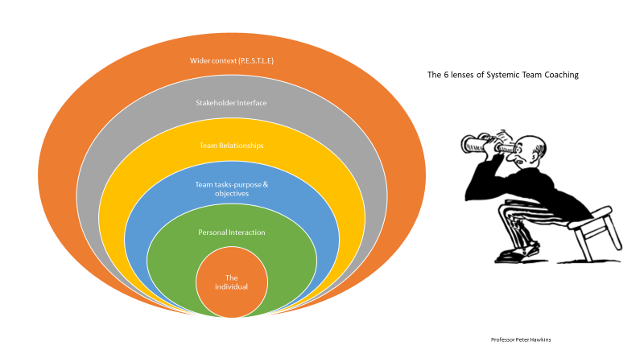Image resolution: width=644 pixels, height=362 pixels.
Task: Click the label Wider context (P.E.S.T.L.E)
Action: coord(232,61)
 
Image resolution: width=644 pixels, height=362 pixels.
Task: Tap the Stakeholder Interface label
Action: coord(231,103)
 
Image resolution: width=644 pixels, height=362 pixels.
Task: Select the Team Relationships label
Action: coord(231,146)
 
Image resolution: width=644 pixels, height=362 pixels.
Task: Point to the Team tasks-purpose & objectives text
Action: coord(232,189)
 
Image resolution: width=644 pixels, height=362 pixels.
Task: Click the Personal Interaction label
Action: coord(232,232)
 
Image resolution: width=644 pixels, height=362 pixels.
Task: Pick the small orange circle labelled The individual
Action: coord(232,282)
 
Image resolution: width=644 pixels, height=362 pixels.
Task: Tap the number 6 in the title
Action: coord(446,75)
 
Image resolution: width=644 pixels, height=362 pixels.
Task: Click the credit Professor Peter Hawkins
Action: coord(521,339)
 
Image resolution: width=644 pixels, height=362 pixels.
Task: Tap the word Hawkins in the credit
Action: coord(540,339)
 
